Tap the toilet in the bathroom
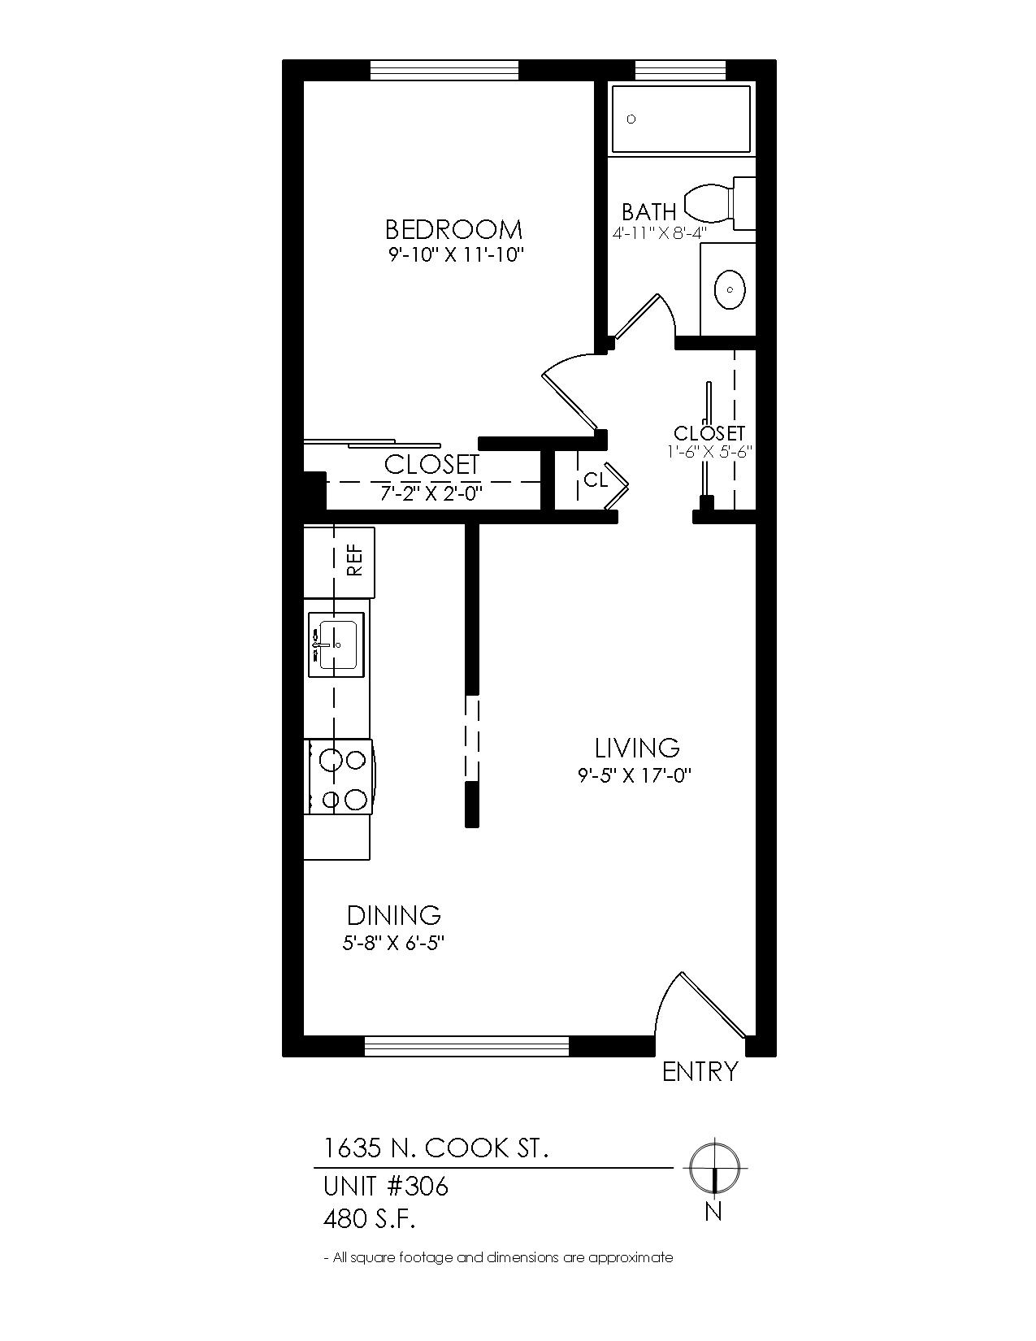click(719, 203)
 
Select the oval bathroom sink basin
click(730, 289)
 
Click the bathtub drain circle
click(631, 119)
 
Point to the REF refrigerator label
click(355, 562)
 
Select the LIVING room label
click(637, 748)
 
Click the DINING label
click(393, 915)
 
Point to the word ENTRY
click(700, 1071)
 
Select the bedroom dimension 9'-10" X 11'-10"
click(453, 254)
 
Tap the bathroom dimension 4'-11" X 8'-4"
click(659, 233)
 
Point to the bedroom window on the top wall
click(444, 71)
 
